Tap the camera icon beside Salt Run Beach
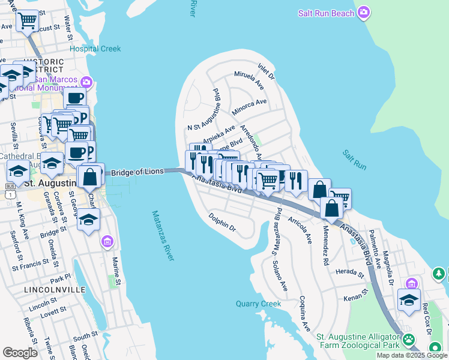click(364, 13)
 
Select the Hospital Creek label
click(95, 49)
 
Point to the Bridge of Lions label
click(137, 172)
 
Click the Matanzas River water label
click(163, 235)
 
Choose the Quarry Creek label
click(258, 304)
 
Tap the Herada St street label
click(350, 273)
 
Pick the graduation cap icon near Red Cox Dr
click(409, 301)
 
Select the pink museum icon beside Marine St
click(107, 242)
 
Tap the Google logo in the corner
click(20, 353)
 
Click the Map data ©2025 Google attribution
click(412, 355)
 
